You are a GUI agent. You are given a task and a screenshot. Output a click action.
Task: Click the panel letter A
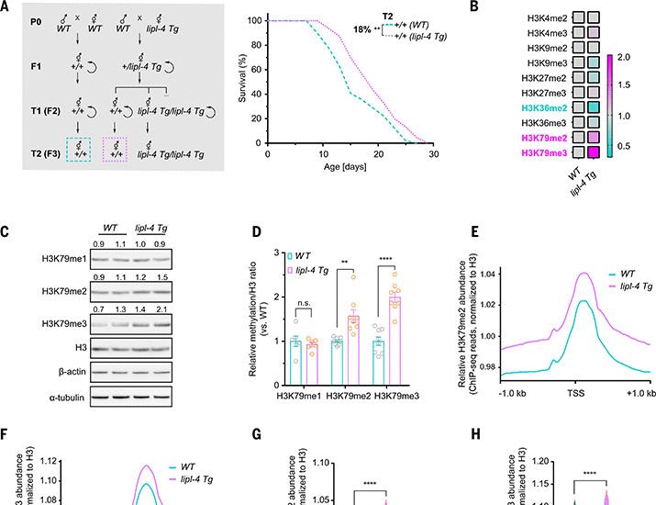(6, 6)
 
